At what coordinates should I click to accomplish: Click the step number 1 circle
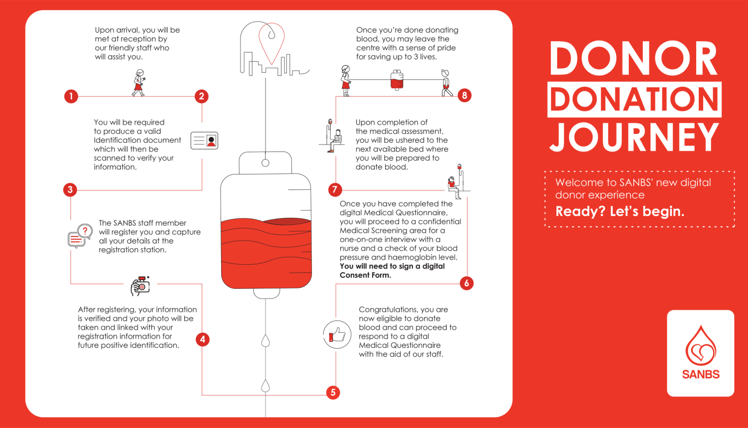pyautogui.click(x=71, y=97)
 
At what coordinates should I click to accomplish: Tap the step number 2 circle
pyautogui.click(x=201, y=97)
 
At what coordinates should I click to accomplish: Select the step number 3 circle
pyautogui.click(x=71, y=190)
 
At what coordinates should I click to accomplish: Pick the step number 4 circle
pyautogui.click(x=202, y=339)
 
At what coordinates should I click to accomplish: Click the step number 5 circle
pyautogui.click(x=333, y=393)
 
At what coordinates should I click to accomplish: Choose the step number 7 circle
pyautogui.click(x=335, y=190)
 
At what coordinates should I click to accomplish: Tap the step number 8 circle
pyautogui.click(x=464, y=96)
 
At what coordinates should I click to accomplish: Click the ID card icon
pyautogui.click(x=205, y=141)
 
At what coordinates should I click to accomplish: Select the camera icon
pyautogui.click(x=140, y=286)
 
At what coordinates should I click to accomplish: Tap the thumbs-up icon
pyautogui.click(x=337, y=335)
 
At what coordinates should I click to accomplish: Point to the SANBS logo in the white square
pyautogui.click(x=700, y=353)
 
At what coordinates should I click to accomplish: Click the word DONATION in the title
pyautogui.click(x=634, y=100)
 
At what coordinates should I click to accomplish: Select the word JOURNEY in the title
pyautogui.click(x=634, y=138)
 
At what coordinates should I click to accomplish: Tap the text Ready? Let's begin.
pyautogui.click(x=620, y=211)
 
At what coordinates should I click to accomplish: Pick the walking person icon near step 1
pyautogui.click(x=138, y=83)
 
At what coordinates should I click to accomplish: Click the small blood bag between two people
pyautogui.click(x=396, y=80)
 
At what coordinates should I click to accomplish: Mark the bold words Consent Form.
pyautogui.click(x=365, y=276)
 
